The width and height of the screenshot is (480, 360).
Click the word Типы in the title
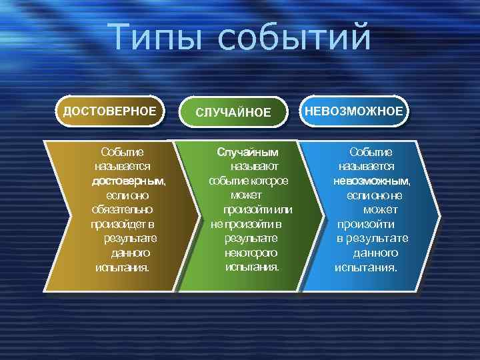click(x=155, y=37)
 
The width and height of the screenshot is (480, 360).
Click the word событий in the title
click(x=293, y=37)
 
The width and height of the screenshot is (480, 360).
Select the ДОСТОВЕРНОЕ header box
click(x=110, y=111)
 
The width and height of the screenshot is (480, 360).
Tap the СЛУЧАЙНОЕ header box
click(x=233, y=112)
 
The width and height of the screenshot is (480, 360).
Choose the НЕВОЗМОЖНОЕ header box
click(x=354, y=111)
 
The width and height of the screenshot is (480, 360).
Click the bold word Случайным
click(x=247, y=151)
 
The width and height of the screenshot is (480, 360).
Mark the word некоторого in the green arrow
click(x=251, y=253)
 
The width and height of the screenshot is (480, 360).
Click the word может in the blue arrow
click(x=381, y=209)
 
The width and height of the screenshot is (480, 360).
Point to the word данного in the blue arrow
click(x=375, y=253)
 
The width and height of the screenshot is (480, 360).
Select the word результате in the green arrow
click(x=251, y=238)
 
